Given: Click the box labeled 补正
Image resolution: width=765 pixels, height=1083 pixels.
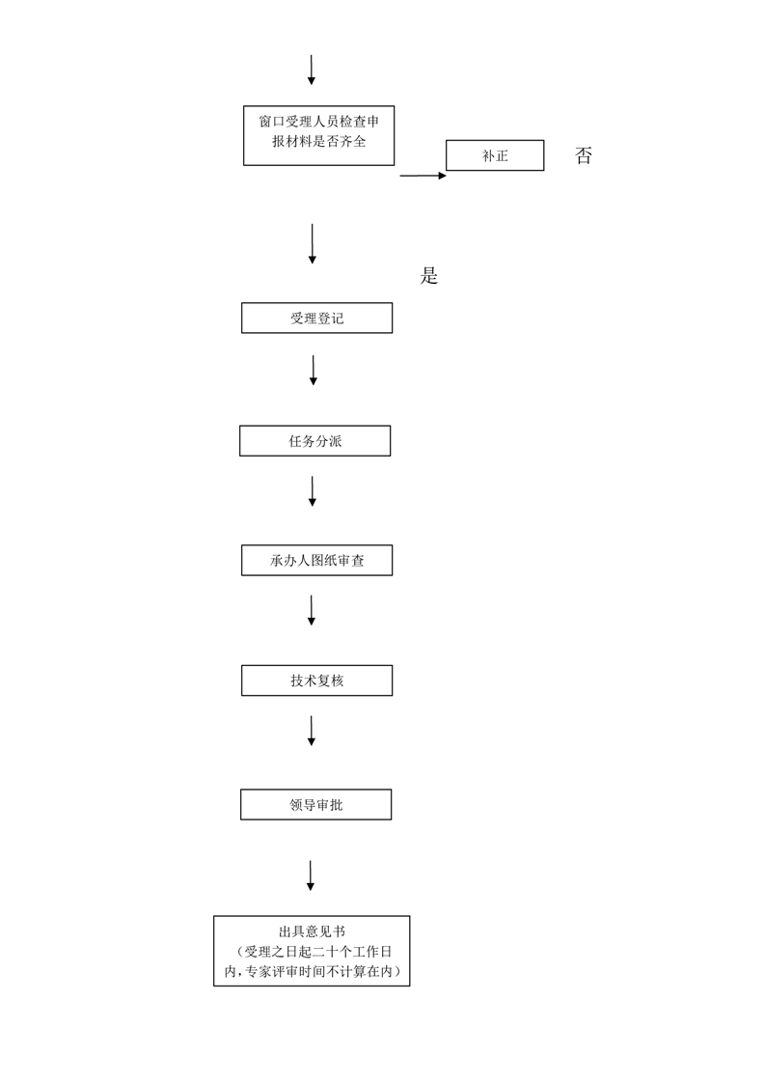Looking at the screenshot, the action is click(494, 155).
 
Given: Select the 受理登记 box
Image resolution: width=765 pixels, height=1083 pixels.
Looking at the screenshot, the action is click(317, 318).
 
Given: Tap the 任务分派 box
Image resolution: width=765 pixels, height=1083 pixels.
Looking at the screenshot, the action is click(314, 441).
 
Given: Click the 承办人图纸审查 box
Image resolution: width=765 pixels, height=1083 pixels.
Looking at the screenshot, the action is click(317, 560).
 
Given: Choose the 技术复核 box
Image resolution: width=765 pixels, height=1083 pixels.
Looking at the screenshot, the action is click(317, 680).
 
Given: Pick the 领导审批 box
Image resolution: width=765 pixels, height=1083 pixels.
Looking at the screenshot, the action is click(316, 805).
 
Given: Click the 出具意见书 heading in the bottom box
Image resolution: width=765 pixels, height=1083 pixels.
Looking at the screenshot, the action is click(312, 931).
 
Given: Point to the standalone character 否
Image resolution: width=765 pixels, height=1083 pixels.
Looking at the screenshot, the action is click(584, 155).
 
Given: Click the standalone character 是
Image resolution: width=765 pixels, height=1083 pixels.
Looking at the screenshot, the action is click(428, 276).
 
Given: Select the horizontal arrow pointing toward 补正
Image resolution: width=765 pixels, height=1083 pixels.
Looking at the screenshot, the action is click(423, 176).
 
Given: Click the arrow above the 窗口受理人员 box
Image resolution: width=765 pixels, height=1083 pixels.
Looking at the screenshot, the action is click(312, 69).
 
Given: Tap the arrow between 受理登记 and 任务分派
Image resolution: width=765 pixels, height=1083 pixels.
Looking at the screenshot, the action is click(314, 371).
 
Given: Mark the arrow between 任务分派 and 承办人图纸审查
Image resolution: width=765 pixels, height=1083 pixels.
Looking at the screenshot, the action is click(312, 491).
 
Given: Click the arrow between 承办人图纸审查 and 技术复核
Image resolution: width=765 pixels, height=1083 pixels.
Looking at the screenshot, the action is click(312, 611).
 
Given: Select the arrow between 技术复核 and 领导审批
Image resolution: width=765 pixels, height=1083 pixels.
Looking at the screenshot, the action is click(312, 731).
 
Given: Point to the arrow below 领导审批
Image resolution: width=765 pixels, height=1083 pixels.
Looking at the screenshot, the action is click(311, 875).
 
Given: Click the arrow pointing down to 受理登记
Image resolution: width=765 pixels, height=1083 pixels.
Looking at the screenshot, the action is click(312, 244).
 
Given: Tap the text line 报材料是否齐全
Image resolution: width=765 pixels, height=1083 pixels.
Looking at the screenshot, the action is click(319, 142).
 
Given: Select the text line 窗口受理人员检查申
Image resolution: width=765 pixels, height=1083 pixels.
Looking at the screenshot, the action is click(319, 122).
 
